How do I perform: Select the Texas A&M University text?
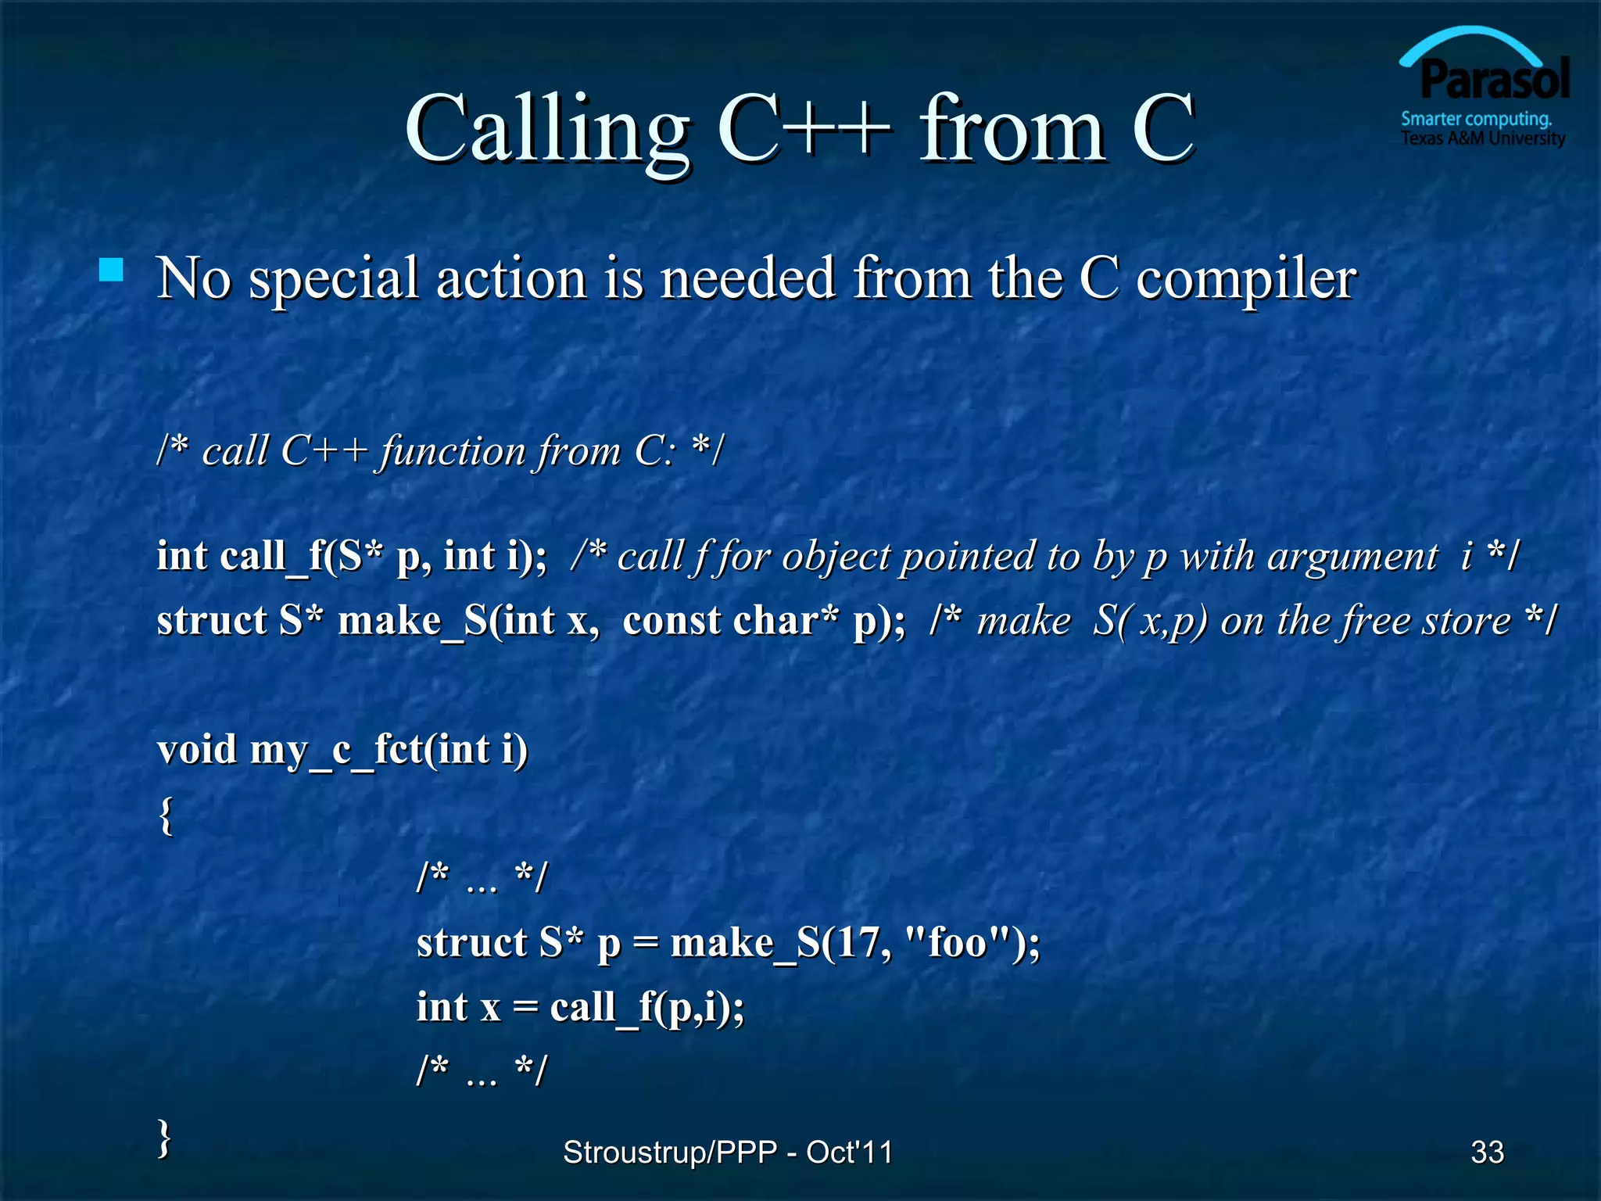[1482, 139]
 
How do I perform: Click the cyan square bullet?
[112, 271]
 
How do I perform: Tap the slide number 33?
[1487, 1152]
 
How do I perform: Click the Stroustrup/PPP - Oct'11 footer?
[727, 1152]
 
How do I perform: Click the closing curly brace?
[164, 1137]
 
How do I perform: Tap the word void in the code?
[196, 750]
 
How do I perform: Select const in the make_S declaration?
[671, 621]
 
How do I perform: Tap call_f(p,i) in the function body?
[646, 1007]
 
